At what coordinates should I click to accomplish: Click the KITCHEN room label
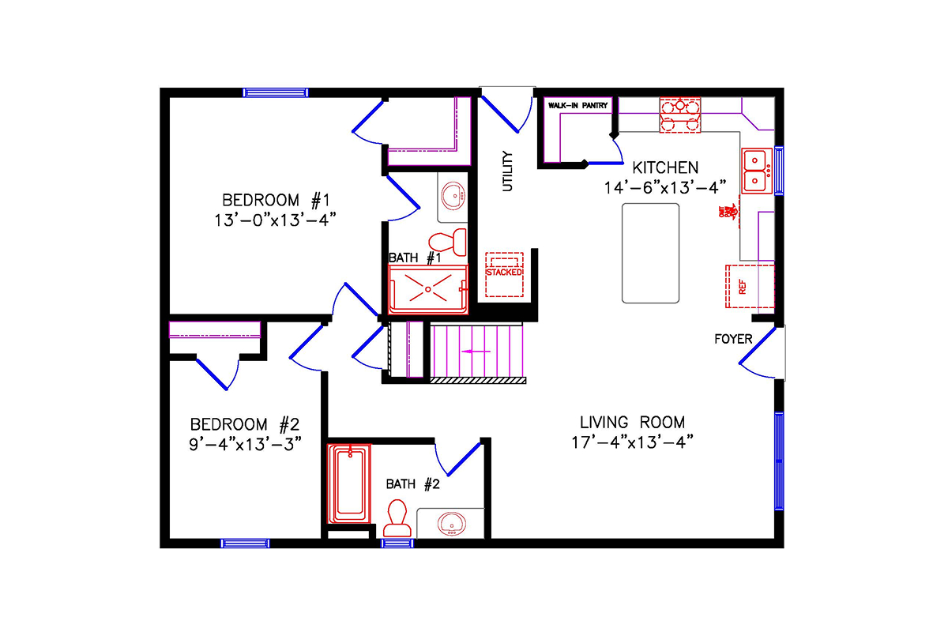[x=664, y=167]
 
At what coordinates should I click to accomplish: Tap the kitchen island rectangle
[x=650, y=253]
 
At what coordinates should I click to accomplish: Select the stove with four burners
[x=680, y=115]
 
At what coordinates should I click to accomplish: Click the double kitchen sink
[x=757, y=171]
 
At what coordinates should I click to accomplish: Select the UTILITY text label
[x=508, y=171]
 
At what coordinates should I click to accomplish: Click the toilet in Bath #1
[x=447, y=239]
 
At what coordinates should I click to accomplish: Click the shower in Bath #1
[x=428, y=290]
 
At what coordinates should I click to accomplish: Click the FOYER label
[x=732, y=340]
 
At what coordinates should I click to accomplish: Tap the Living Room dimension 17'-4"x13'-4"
[x=632, y=442]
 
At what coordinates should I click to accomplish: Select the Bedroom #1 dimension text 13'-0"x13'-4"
[x=270, y=219]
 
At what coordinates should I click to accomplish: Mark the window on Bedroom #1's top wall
[x=275, y=92]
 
